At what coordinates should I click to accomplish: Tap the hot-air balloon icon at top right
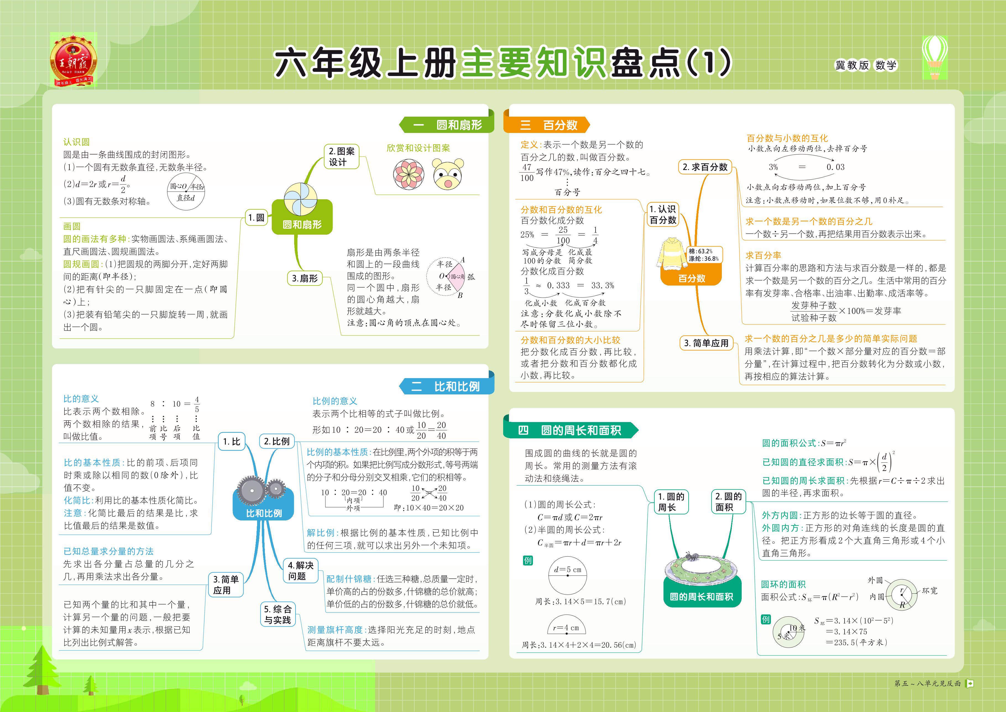934,57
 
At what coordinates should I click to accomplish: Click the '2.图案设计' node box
341,156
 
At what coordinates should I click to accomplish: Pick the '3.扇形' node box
304,278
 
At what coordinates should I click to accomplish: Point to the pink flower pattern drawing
408,174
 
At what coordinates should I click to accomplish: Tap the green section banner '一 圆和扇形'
447,125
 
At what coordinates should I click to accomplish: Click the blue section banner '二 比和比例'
447,386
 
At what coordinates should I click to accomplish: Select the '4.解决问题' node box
301,570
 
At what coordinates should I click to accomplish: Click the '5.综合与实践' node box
278,614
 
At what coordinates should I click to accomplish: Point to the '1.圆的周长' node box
671,502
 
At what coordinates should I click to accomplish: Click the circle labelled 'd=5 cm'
568,575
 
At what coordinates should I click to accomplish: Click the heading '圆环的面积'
783,584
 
